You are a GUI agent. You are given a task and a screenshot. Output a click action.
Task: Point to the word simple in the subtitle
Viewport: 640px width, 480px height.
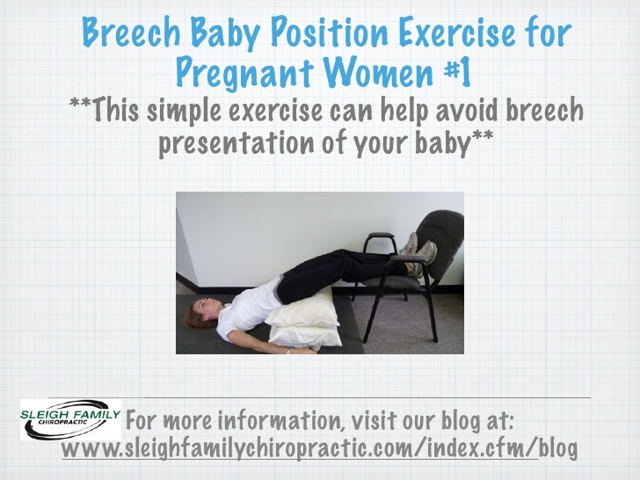tap(182, 114)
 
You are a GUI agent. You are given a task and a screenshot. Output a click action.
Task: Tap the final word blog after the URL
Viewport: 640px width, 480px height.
tap(558, 449)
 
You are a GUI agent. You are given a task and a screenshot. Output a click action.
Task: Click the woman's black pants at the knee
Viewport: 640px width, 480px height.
tap(352, 262)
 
